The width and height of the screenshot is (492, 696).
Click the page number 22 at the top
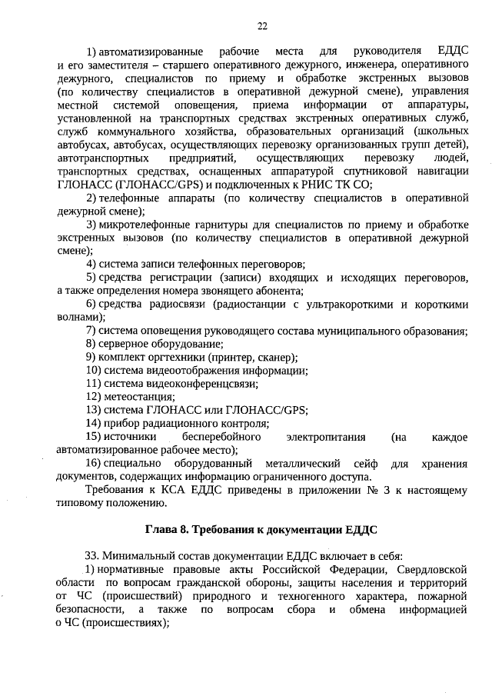262,25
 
